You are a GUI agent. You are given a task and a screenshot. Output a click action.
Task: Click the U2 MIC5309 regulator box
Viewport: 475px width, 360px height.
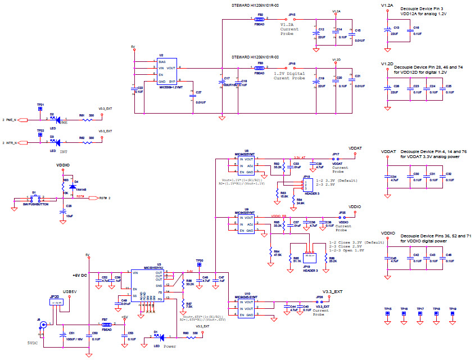click(165, 70)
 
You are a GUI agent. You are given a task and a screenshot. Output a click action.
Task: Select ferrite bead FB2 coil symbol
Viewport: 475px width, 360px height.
click(259, 19)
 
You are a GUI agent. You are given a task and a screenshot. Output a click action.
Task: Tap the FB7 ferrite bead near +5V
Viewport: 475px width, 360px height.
click(105, 325)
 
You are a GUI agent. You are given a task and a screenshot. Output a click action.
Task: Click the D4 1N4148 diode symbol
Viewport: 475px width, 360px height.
click(71, 187)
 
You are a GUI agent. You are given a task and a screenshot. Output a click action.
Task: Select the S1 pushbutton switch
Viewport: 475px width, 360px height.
click(34, 198)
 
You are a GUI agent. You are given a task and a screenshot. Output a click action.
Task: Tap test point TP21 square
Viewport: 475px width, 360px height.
click(40, 110)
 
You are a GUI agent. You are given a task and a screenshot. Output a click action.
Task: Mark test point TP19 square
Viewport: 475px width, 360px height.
click(453, 317)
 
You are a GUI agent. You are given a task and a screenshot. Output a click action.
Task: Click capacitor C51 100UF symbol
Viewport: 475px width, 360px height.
click(61, 334)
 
